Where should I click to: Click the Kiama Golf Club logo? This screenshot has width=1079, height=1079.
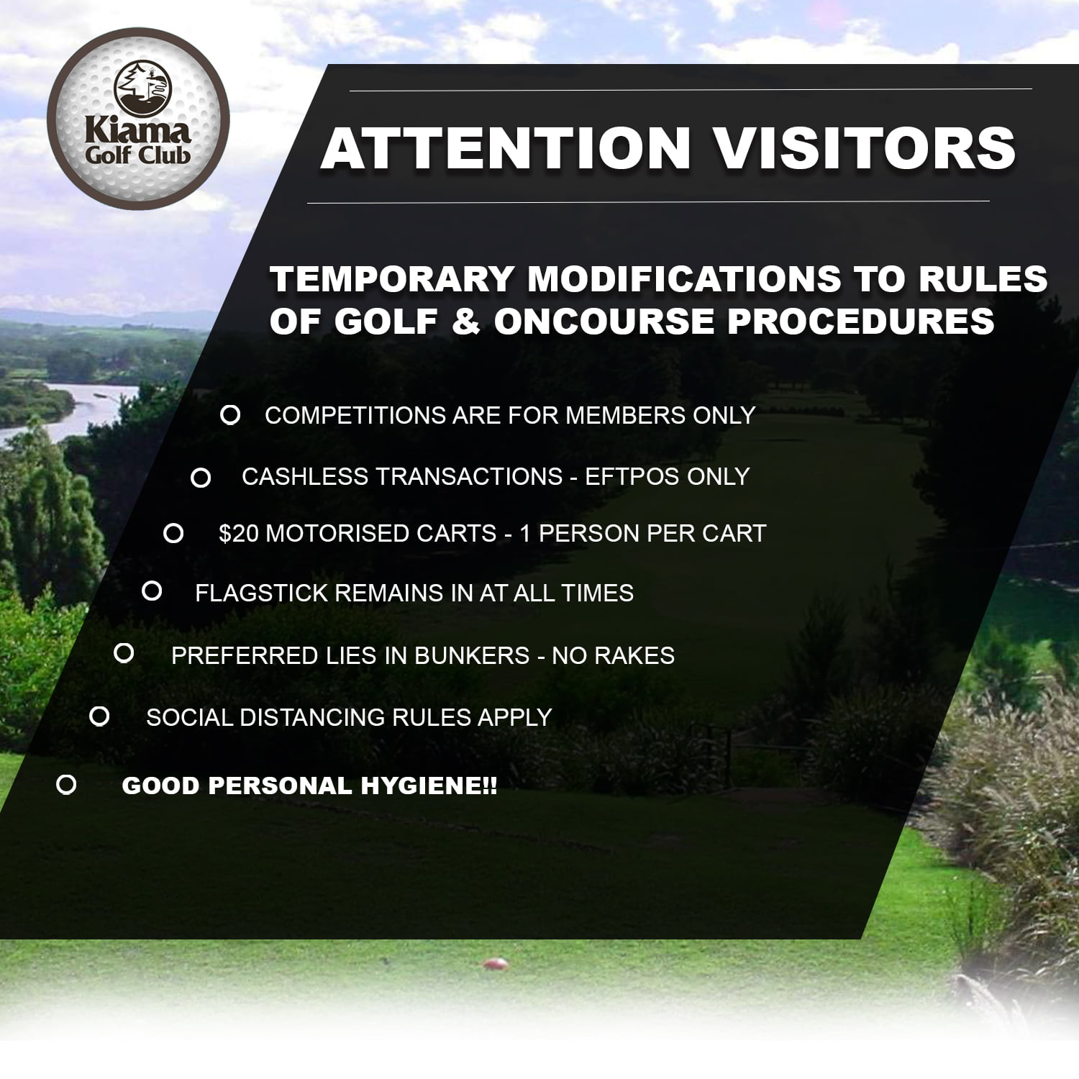138,119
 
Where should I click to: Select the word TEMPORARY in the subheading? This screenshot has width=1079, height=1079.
392,279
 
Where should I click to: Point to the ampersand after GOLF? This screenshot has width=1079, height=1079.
466,321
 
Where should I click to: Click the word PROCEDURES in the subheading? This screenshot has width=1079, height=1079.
861,321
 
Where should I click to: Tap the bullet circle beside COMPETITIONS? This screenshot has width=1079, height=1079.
230,415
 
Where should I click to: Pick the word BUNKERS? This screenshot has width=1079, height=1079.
472,655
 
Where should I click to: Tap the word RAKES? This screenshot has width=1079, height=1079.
634,655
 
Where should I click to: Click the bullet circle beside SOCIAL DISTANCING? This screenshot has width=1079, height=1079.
99,716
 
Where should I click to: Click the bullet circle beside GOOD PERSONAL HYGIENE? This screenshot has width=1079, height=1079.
66,785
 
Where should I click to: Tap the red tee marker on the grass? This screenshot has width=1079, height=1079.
495,963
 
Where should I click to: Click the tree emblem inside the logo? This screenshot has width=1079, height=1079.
143,88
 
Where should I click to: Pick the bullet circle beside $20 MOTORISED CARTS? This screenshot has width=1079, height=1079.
173,533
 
